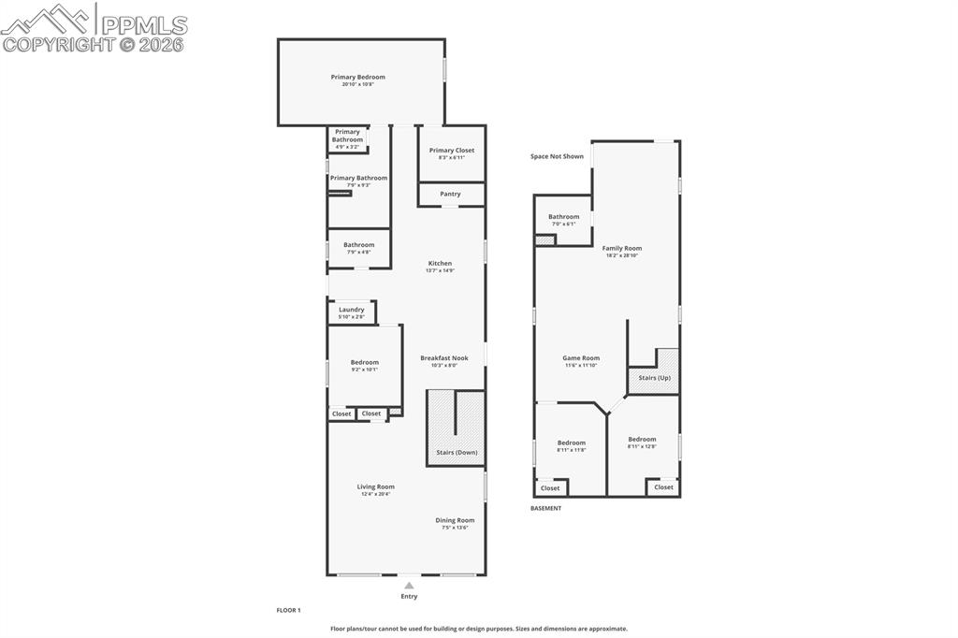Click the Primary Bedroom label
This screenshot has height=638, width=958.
point(357,78)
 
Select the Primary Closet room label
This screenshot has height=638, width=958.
point(452,151)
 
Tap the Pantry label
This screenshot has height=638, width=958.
point(450,195)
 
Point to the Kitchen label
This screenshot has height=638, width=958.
point(440,264)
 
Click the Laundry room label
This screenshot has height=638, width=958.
point(352,310)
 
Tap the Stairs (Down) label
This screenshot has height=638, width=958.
point(457,453)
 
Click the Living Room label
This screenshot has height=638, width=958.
point(376,486)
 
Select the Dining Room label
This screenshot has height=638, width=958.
point(455,521)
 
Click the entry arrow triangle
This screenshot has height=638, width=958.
point(409,586)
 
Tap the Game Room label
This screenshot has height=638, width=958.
point(581,358)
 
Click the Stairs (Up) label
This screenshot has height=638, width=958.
point(654,378)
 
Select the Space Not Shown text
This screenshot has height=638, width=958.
point(557,156)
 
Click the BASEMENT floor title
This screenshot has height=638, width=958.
point(546,509)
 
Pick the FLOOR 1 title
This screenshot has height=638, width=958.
point(288,610)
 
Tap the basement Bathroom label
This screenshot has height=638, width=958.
point(563,217)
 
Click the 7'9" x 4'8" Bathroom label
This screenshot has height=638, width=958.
point(358,245)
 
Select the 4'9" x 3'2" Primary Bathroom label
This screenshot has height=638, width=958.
point(347,137)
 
